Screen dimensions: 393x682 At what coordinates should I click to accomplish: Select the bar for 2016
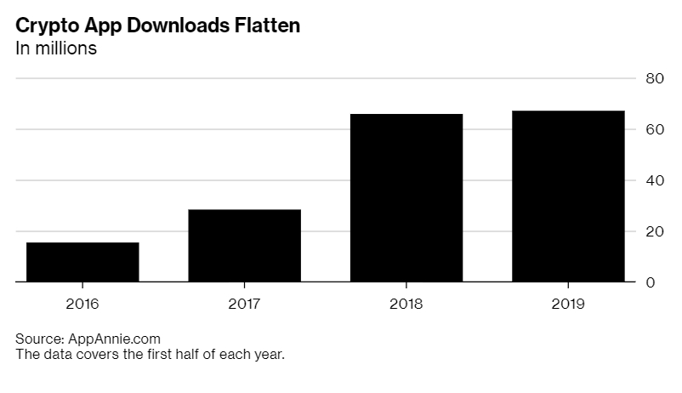(82, 262)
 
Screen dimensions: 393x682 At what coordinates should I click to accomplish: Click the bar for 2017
(244, 245)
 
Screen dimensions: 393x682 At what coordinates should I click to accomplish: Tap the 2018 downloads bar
(406, 197)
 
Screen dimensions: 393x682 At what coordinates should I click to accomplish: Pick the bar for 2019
(568, 196)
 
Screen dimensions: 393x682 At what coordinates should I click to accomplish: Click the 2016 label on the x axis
(82, 304)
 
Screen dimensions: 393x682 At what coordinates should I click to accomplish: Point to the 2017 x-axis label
(244, 304)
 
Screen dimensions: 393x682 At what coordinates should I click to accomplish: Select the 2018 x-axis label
(406, 304)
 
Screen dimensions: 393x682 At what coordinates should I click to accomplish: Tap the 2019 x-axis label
(568, 304)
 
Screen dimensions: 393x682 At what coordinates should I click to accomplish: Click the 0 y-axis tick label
(651, 282)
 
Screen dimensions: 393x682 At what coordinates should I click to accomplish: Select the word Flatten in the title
(265, 26)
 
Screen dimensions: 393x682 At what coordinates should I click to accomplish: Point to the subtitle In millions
(56, 48)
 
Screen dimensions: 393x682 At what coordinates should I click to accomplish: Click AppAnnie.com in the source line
(111, 339)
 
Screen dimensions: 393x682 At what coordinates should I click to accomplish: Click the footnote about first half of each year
(150, 354)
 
